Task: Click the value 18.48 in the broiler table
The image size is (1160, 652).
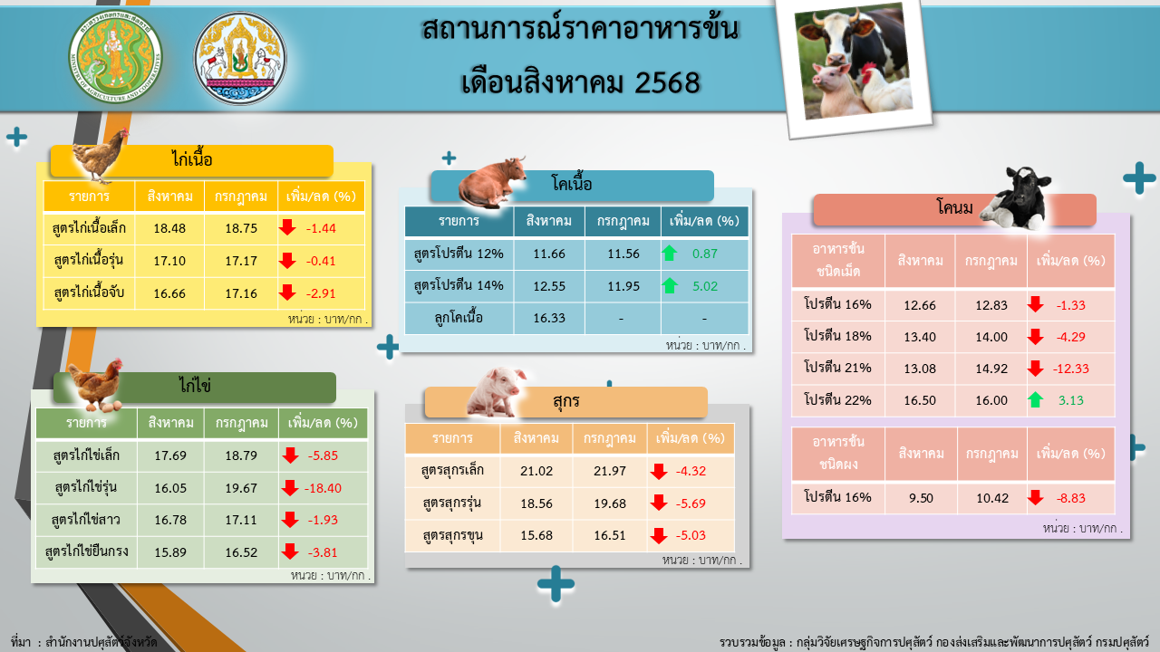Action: point(169,228)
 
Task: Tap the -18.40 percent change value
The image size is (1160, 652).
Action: point(323,488)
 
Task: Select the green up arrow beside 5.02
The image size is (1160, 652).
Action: point(670,285)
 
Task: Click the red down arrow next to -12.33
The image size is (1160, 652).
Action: point(1036,369)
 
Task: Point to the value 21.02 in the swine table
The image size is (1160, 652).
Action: point(536,471)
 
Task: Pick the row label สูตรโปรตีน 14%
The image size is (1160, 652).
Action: point(459,285)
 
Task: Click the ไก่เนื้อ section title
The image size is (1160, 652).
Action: point(192,158)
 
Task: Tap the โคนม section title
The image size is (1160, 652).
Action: point(955,207)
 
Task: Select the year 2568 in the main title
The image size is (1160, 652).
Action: point(667,82)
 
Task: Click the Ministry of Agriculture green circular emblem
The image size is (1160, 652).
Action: point(115,56)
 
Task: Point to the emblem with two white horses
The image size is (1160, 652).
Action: point(240,58)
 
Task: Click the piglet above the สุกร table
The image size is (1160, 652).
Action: point(495,392)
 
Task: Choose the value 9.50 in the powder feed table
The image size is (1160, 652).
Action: point(921,498)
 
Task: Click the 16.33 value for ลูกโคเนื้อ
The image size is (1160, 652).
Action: point(549,318)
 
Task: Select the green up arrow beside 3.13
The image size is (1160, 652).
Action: point(1036,400)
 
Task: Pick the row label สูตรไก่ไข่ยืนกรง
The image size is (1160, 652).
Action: point(86,551)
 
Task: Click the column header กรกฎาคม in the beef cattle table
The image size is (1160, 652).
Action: point(623,221)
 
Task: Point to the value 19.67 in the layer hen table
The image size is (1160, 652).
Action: point(241,488)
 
